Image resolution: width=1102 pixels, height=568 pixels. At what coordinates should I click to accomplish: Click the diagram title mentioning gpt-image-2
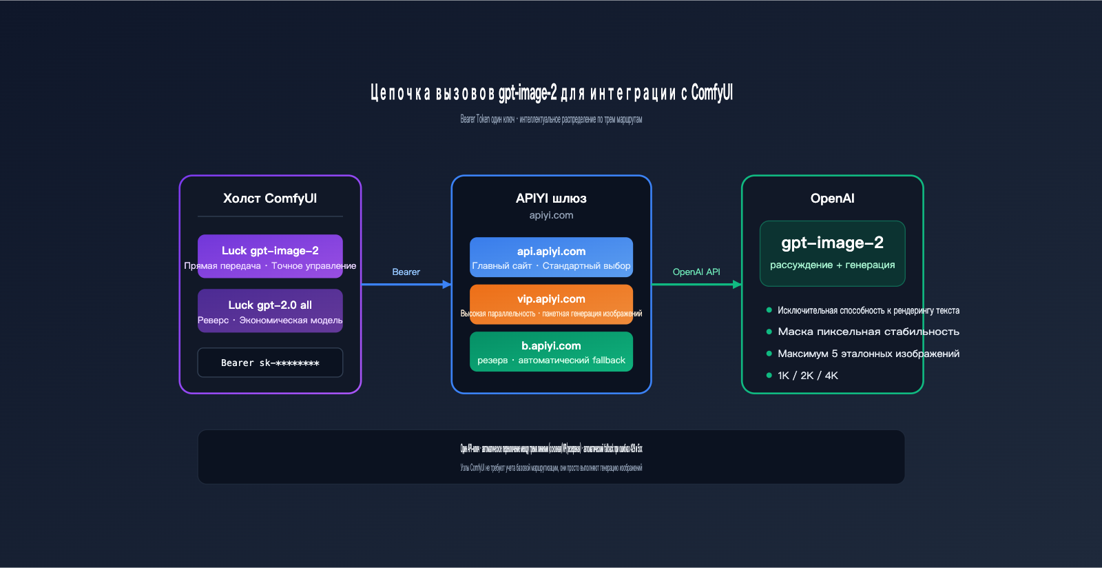(x=551, y=92)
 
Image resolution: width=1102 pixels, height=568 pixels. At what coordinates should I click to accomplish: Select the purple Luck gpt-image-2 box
(x=270, y=256)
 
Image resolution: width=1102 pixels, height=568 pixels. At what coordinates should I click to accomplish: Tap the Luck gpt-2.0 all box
(x=270, y=311)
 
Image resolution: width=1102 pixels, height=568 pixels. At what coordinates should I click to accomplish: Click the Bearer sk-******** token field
(x=270, y=363)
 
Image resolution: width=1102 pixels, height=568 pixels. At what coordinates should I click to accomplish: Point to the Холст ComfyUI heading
(x=270, y=199)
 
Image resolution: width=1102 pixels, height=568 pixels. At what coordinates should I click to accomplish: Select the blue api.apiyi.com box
(x=551, y=257)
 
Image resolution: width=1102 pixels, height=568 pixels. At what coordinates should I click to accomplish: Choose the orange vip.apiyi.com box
(x=551, y=305)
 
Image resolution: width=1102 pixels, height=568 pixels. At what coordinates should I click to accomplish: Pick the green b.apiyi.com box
(x=551, y=352)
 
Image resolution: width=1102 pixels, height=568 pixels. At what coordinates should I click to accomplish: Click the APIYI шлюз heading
(x=551, y=199)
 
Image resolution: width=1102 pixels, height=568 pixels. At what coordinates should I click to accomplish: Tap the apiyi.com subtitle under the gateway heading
(x=551, y=215)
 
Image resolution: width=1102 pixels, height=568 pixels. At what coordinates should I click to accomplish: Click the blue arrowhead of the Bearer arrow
(x=448, y=284)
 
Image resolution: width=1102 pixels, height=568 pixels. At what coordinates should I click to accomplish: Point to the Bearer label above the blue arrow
(x=406, y=272)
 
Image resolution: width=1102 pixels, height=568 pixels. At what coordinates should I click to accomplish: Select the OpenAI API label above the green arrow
(x=696, y=272)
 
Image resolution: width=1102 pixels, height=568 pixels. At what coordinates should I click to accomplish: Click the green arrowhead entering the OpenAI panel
(x=738, y=284)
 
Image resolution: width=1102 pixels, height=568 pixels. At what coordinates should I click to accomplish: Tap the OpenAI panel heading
(x=832, y=199)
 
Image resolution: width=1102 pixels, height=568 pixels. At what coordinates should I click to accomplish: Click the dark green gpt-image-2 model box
(x=832, y=253)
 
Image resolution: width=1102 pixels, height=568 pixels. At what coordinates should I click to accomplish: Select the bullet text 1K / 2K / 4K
(x=808, y=376)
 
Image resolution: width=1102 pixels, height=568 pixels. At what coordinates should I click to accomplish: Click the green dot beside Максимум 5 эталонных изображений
(x=769, y=354)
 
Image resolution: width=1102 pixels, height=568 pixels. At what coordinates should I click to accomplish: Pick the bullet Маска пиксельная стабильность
(x=868, y=332)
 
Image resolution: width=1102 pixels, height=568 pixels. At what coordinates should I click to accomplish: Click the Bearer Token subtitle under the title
(x=551, y=119)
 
